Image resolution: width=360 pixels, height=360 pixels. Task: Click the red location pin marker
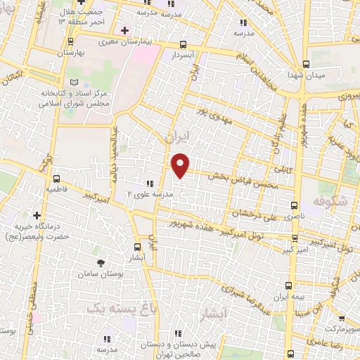tap(181, 165)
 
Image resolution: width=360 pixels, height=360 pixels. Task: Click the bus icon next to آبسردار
tap(184, 43)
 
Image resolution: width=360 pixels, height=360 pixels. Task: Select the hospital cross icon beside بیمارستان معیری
tap(124, 31)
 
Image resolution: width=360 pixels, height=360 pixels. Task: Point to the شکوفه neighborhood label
tap(333, 200)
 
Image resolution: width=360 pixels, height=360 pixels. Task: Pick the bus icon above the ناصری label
tap(294, 206)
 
